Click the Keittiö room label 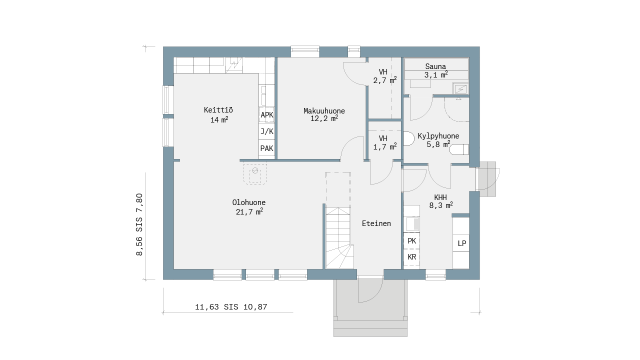[218, 110]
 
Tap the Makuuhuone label [324, 111]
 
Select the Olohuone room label [249, 202]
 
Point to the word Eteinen [376, 223]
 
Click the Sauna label [435, 66]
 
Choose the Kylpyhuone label [438, 136]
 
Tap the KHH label [440, 197]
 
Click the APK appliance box [267, 115]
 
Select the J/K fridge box [267, 131]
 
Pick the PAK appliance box [267, 148]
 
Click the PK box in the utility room [411, 241]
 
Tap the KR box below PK [411, 257]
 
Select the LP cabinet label [461, 243]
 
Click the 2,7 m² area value [385, 80]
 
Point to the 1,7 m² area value [385, 147]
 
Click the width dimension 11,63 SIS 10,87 [231, 307]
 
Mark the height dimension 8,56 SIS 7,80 [139, 224]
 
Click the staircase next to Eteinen [339, 238]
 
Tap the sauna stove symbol [460, 89]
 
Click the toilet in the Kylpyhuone [459, 149]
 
